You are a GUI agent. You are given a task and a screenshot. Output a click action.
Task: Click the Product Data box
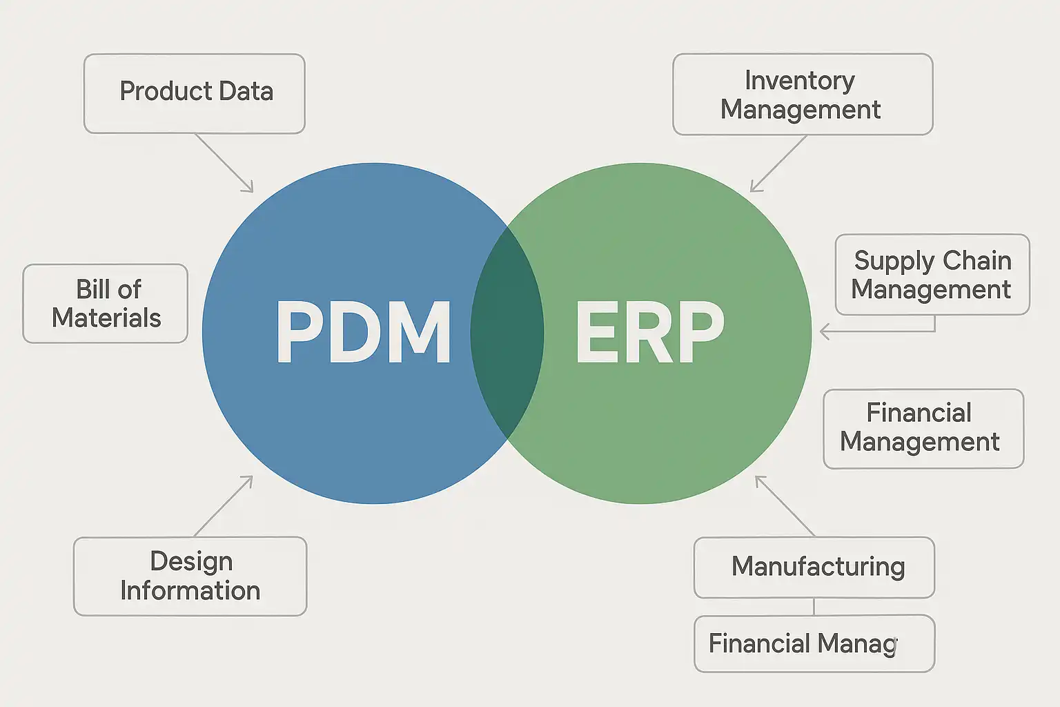point(195,93)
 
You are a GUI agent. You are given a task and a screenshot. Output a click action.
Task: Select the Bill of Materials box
point(106,304)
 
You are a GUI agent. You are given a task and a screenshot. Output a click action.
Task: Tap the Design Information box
point(190,576)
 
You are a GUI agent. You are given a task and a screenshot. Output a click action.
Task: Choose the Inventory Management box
point(802,95)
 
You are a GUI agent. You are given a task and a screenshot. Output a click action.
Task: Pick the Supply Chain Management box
point(932,274)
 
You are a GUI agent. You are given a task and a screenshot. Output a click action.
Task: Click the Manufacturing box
point(814,567)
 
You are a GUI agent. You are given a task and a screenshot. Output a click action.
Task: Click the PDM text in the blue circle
point(364,333)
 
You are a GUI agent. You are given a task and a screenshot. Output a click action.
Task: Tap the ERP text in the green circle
point(649,333)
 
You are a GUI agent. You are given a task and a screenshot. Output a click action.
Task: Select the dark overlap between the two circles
point(507,333)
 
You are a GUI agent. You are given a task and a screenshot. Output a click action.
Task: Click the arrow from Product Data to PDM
point(224,163)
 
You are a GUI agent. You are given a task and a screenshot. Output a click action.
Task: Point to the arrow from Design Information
point(224,505)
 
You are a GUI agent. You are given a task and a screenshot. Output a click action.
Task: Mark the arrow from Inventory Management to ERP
point(778,164)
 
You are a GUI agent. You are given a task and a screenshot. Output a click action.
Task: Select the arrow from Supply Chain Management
point(876,331)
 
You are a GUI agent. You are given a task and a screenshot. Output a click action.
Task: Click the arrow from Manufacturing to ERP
point(785,505)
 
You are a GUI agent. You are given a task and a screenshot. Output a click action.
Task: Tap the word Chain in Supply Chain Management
point(976,260)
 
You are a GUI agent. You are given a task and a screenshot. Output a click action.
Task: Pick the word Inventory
point(799,81)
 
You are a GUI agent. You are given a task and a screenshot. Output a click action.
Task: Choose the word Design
point(191,561)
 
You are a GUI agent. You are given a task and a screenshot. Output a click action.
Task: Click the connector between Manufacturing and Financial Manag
point(814,606)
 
